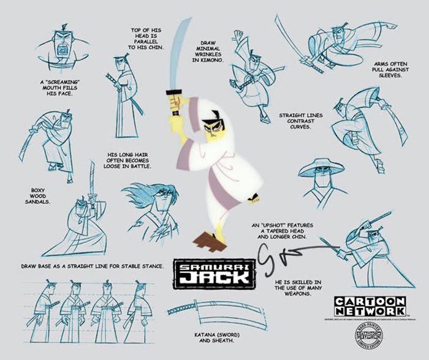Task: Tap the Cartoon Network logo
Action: pos(370,306)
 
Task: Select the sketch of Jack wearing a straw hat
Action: pos(321,181)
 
